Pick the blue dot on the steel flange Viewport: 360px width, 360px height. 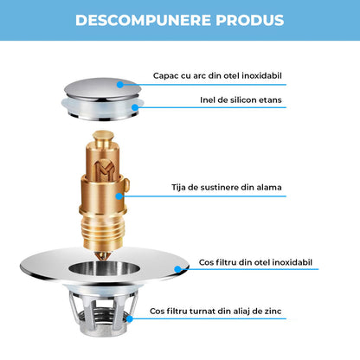point(177,268)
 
